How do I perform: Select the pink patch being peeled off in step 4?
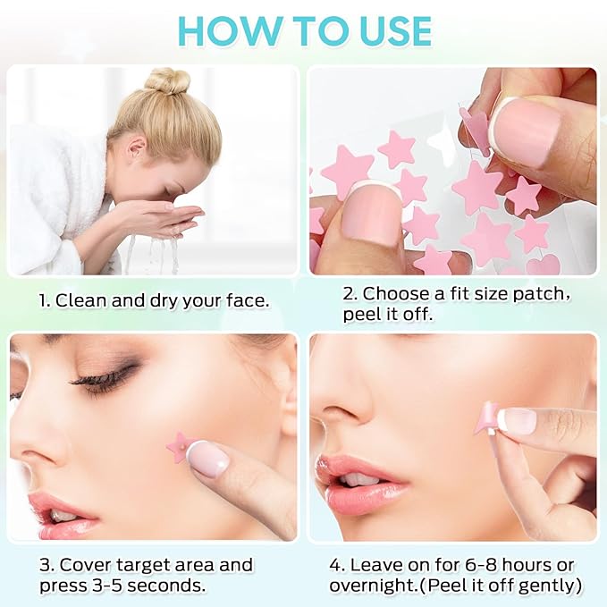tap(489, 416)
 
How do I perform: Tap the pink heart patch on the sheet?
tap(543, 265)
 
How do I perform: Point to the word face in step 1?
tap(244, 300)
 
